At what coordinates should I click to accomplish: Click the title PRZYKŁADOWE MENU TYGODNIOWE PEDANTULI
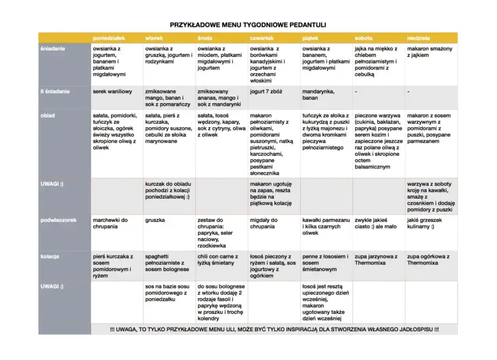[248, 25]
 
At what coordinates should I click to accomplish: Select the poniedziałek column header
[109, 38]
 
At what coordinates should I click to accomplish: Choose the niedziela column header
[418, 38]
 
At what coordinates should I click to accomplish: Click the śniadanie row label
[54, 48]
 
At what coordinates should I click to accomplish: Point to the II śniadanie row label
[56, 92]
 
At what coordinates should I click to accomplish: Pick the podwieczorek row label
[59, 220]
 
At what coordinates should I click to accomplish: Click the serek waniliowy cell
[112, 92]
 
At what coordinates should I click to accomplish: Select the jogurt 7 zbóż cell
[266, 92]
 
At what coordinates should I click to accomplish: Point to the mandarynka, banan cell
[319, 95]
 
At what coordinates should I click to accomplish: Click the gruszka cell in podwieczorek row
[155, 220]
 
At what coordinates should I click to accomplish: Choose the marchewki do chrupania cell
[110, 224]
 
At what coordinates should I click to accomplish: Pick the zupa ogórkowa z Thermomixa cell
[429, 260]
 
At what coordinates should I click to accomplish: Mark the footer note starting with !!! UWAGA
[274, 329]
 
